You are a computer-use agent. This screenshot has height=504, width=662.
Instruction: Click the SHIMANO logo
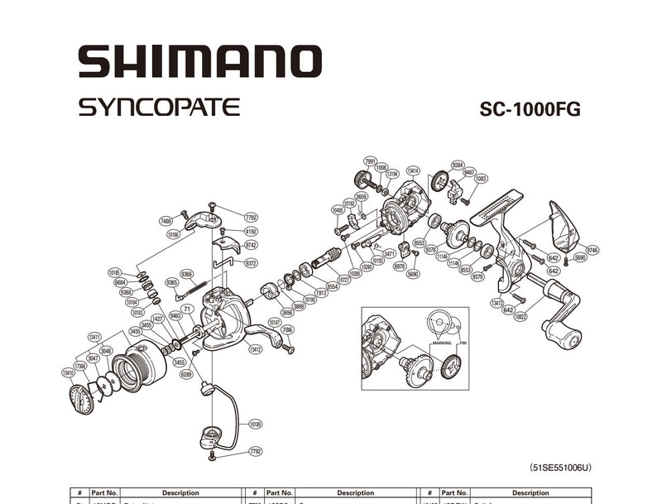(x=199, y=62)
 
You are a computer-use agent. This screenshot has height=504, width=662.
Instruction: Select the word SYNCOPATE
(x=160, y=108)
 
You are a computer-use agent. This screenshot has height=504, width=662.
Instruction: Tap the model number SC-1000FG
(x=530, y=111)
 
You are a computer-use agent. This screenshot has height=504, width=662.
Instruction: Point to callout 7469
(x=166, y=221)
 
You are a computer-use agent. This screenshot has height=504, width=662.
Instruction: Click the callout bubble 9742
(x=251, y=246)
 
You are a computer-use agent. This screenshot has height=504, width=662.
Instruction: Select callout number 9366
(x=187, y=275)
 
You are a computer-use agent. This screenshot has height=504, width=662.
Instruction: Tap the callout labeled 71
(x=188, y=308)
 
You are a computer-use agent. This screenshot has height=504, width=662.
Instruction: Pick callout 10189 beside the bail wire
(x=254, y=424)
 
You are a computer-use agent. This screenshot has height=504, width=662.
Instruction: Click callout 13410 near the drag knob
(x=68, y=372)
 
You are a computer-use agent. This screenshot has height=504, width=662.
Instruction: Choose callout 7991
(x=370, y=161)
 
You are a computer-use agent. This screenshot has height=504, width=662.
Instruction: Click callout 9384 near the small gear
(x=458, y=165)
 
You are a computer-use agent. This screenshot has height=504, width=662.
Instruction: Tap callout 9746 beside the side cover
(x=592, y=250)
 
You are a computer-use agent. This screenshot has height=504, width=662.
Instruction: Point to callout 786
(x=287, y=329)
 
